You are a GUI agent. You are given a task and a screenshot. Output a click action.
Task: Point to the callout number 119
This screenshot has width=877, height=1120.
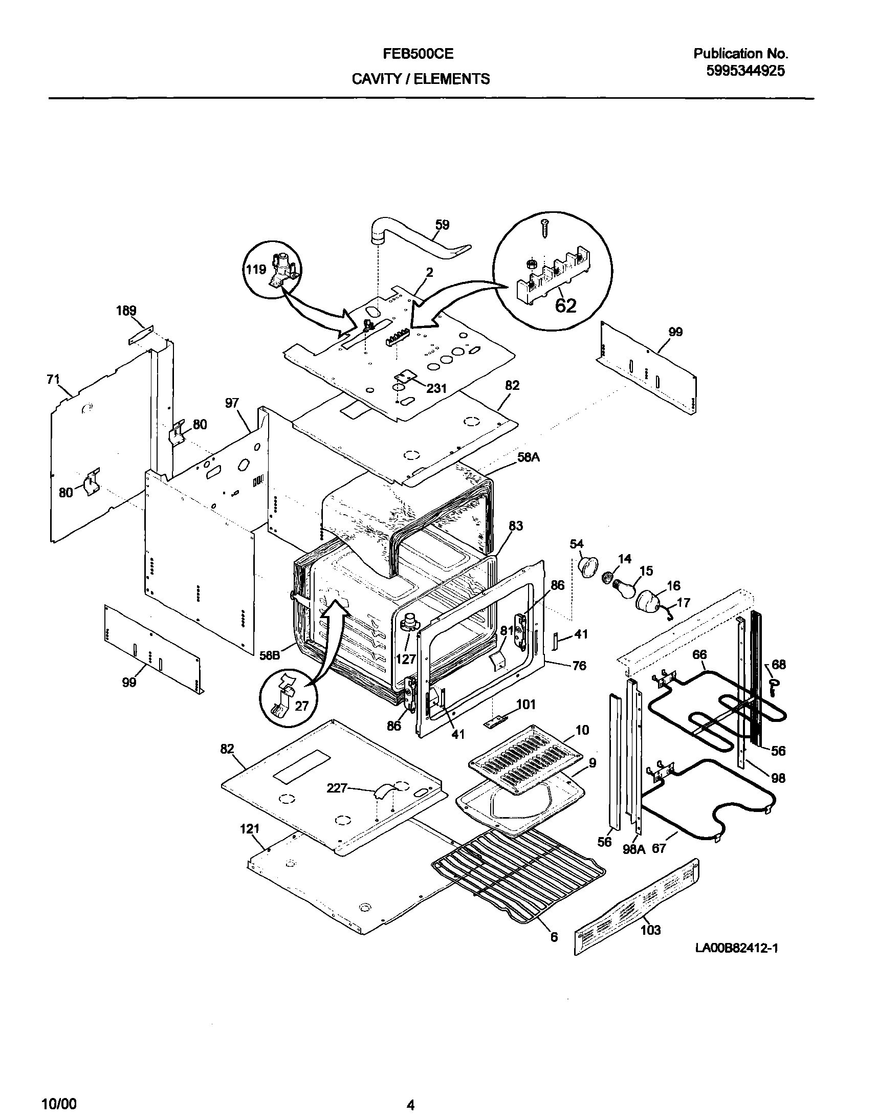tap(255, 269)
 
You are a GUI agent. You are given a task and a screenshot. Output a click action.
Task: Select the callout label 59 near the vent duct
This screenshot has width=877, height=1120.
tap(442, 225)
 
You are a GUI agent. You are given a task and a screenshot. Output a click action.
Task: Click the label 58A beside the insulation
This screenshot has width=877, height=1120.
tap(529, 456)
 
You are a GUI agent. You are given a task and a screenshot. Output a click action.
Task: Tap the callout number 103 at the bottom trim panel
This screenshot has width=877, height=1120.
tap(650, 930)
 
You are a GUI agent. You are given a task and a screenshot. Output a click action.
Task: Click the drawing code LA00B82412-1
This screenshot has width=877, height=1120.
tap(736, 948)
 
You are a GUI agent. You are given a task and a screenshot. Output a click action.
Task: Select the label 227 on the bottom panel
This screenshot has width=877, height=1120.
tap(337, 788)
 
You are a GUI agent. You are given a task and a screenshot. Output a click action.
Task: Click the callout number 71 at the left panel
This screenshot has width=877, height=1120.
tap(53, 380)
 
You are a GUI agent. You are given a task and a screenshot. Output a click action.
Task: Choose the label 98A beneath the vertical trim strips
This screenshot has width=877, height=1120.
tap(633, 849)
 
